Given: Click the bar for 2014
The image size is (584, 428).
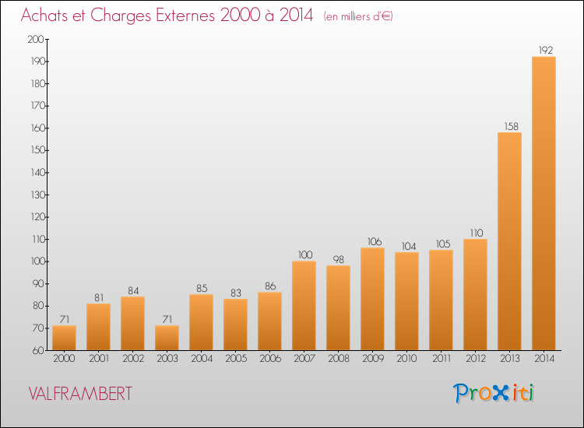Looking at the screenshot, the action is click(x=544, y=203).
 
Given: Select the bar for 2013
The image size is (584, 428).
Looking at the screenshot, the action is click(x=509, y=241).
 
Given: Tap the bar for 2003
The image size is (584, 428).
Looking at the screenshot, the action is click(x=167, y=338).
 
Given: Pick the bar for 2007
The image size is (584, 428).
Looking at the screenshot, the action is click(x=304, y=306).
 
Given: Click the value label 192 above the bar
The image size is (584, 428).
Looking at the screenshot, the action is click(x=546, y=50).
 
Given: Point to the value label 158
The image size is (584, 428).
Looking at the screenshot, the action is click(x=512, y=126).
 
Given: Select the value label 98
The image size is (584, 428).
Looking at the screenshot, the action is click(x=338, y=259).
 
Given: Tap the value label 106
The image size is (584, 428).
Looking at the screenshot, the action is click(x=375, y=241).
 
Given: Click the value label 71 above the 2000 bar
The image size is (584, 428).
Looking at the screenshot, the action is click(x=65, y=319).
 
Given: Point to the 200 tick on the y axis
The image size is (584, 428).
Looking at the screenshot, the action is click(x=36, y=39).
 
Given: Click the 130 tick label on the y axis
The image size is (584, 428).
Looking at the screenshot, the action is click(x=37, y=195).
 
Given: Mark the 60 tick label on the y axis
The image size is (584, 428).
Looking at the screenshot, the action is click(x=38, y=350).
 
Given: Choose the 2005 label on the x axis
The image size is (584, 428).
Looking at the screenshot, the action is click(x=236, y=358).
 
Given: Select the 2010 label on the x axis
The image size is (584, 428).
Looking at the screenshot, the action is click(x=406, y=358).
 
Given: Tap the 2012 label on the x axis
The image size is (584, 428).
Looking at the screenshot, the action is click(x=476, y=358).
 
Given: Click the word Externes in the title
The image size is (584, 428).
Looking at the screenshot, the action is click(x=185, y=15).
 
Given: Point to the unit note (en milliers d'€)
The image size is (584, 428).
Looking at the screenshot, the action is click(x=358, y=16).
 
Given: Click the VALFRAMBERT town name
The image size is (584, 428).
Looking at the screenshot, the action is click(x=80, y=394).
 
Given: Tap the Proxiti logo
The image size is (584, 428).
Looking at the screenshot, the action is click(x=494, y=393).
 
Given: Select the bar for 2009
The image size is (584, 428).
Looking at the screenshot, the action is click(x=372, y=299).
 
